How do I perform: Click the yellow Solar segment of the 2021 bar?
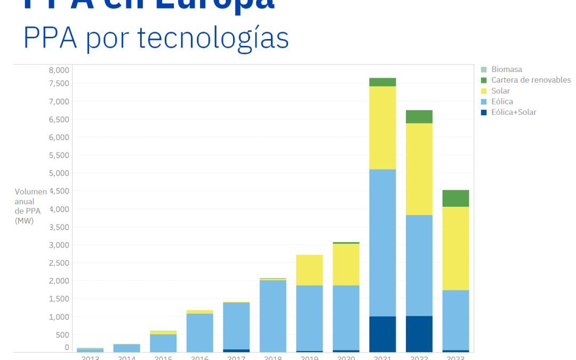(382, 127)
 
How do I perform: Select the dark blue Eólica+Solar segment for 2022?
(419, 334)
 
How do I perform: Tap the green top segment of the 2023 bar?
(456, 198)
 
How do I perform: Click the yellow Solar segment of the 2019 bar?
(309, 270)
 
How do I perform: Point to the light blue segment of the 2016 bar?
(199, 332)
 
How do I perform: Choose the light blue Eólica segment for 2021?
(382, 243)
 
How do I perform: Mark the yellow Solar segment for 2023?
(456, 248)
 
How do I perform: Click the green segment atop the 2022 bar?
(419, 117)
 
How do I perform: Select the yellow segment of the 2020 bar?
(346, 265)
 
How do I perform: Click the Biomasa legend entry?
(506, 69)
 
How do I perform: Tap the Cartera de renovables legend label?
(531, 80)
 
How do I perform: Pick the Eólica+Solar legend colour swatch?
(484, 112)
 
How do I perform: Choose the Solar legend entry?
(500, 91)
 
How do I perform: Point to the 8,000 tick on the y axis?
(59, 70)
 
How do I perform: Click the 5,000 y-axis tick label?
(59, 173)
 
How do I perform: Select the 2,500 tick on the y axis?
(59, 262)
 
